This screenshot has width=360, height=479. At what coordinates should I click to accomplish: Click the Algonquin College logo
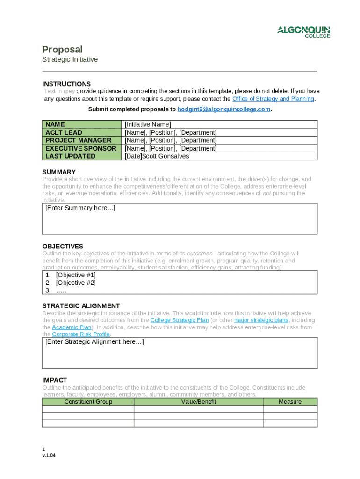303,32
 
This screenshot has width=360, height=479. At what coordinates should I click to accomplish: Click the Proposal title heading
62,50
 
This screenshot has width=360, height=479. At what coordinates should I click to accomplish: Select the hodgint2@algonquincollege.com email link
224,109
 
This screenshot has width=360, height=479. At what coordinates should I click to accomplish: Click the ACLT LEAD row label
64,132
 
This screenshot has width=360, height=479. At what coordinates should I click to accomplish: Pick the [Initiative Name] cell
148,124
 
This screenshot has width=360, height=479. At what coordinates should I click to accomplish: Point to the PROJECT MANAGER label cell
78,140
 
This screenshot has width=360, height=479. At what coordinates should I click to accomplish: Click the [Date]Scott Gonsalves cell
157,156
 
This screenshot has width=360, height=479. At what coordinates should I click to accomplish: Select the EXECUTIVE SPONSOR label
80,148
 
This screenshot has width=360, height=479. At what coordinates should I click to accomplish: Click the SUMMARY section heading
59,172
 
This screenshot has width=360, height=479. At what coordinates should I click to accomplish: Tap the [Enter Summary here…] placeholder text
80,208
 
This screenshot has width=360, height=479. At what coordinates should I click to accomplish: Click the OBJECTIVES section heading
63,246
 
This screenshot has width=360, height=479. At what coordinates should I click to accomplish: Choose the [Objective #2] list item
76,283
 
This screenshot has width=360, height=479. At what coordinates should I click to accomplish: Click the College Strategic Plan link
179,320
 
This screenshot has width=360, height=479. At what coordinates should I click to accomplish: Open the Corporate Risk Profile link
80,334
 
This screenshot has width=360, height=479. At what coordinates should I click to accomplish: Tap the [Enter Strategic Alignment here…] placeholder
94,342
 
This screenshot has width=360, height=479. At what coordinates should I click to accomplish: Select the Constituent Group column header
88,402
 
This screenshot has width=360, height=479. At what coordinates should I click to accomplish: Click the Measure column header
290,402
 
